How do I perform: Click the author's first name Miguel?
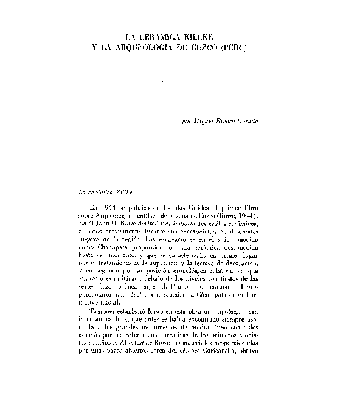click(204, 122)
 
